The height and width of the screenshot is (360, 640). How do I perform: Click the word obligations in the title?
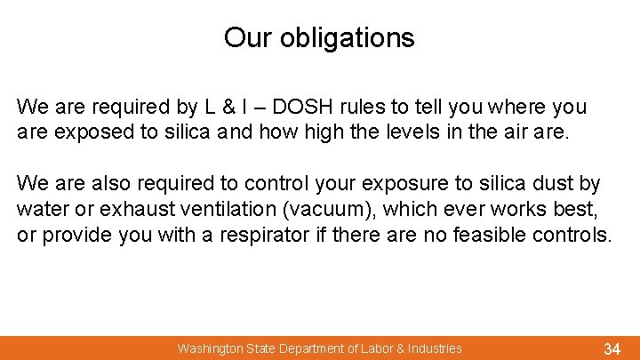click(347, 38)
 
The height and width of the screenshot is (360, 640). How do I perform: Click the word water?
click(43, 211)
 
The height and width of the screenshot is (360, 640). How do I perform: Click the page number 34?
click(612, 348)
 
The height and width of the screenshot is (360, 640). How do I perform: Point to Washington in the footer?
click(208, 348)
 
